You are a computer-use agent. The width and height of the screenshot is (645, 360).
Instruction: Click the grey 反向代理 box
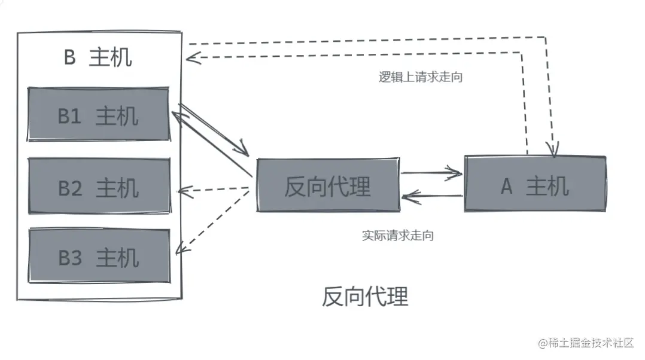coord(328,185)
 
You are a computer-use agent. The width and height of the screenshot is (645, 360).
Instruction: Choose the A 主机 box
coord(535,184)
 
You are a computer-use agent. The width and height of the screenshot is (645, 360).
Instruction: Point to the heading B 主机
coord(98,58)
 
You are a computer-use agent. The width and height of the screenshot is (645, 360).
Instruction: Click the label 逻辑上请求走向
coord(421,77)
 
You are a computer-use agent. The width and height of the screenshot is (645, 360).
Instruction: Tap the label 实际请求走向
coord(398,236)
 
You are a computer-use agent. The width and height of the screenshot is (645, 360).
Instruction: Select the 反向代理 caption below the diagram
coord(365,296)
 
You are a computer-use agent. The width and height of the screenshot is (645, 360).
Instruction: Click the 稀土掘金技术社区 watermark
coord(586,343)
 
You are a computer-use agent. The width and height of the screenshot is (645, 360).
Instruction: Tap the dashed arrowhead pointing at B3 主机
coord(182,250)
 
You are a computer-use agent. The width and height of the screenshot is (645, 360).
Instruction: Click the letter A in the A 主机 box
coord(506,187)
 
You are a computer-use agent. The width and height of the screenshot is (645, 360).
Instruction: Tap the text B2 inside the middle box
coord(69,188)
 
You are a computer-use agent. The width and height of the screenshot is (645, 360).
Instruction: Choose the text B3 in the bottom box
coord(69,258)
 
